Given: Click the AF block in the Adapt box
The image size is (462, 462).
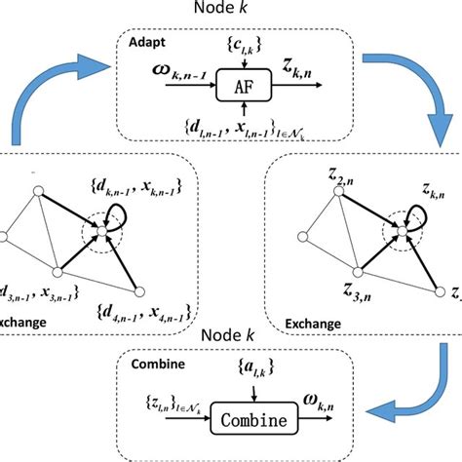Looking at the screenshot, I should point(245,85).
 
